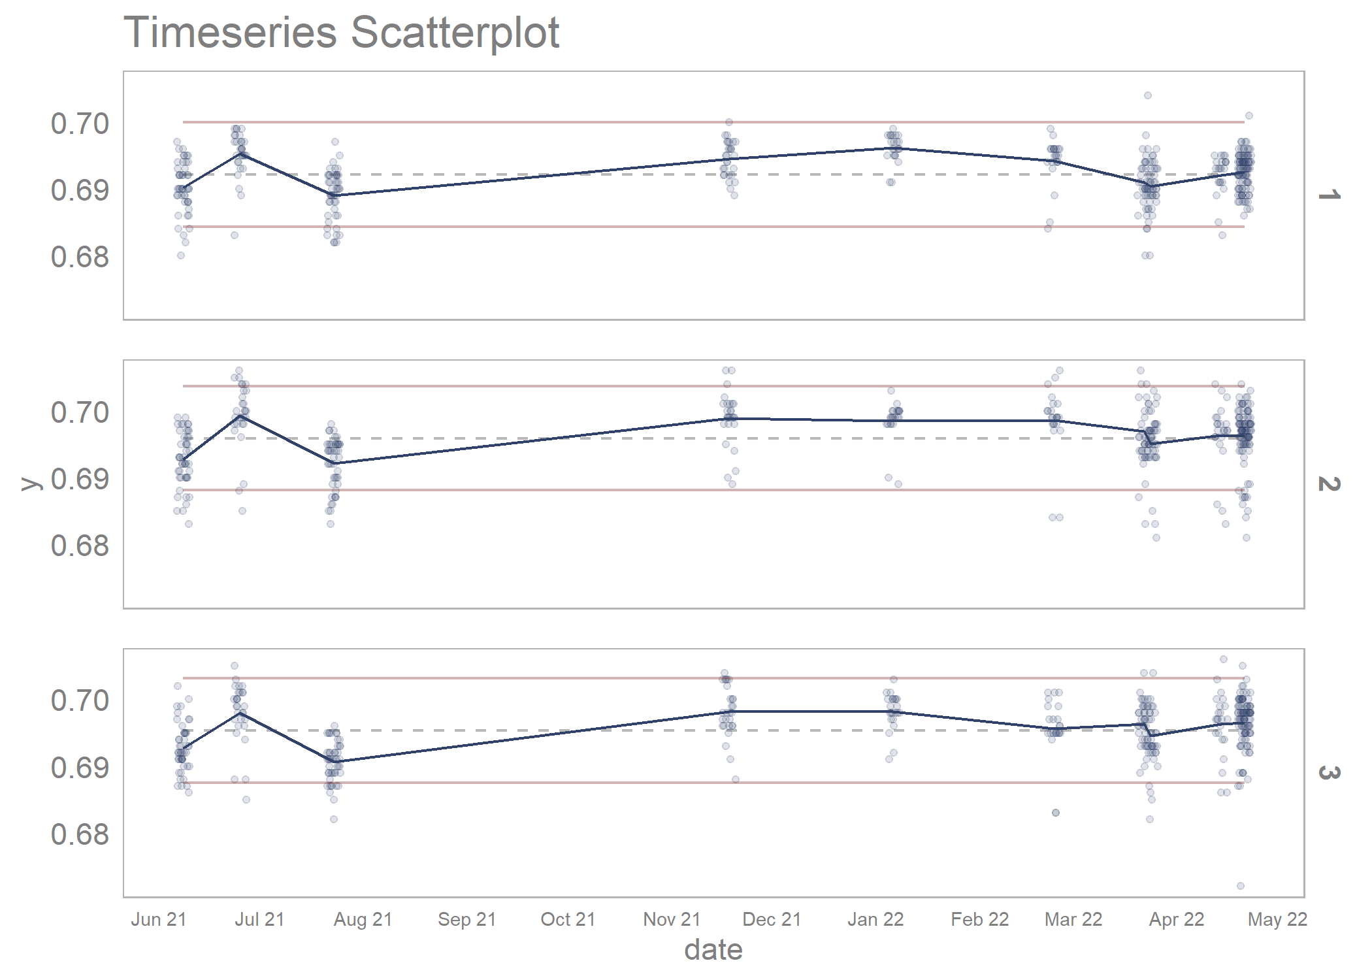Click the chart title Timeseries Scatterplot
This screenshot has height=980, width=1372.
pyautogui.click(x=341, y=33)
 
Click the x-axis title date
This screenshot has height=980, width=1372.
pyautogui.click(x=713, y=950)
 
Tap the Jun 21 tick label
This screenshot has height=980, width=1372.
pyautogui.click(x=159, y=920)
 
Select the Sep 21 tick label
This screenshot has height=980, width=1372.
pyautogui.click(x=466, y=920)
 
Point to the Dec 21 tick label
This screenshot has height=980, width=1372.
pyautogui.click(x=772, y=920)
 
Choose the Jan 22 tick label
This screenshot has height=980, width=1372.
pyautogui.click(x=875, y=920)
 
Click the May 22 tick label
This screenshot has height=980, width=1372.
pyautogui.click(x=1277, y=920)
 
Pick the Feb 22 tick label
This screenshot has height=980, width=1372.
pyautogui.click(x=979, y=920)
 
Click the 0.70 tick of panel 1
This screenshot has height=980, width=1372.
pyautogui.click(x=80, y=124)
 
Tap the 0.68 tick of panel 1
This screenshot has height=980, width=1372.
pyautogui.click(x=80, y=257)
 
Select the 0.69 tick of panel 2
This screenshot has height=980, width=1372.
pyautogui.click(x=80, y=480)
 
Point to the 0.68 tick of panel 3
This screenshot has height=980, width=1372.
pyautogui.click(x=80, y=835)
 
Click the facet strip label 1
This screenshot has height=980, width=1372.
pyautogui.click(x=1329, y=195)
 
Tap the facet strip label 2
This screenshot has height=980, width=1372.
pyautogui.click(x=1329, y=484)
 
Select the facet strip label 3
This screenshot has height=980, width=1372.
pyautogui.click(x=1329, y=773)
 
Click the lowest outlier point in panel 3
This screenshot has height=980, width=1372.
pyautogui.click(x=1240, y=886)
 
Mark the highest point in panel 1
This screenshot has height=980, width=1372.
pyautogui.click(x=1147, y=95)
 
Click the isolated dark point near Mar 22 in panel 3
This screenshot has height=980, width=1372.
pyautogui.click(x=1056, y=813)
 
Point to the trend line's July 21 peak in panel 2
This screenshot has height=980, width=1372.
pyautogui.click(x=241, y=415)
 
